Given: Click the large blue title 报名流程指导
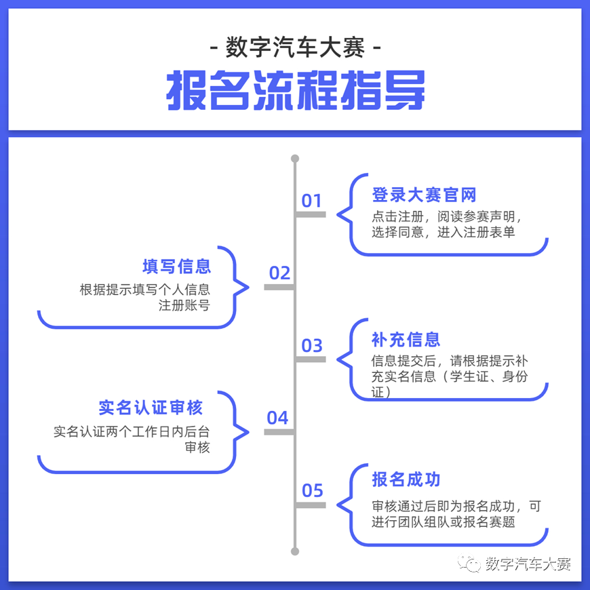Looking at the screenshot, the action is (x=296, y=90).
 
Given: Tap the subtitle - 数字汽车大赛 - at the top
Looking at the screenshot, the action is (x=296, y=47).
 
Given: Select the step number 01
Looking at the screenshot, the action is (x=311, y=201).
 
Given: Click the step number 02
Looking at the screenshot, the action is (x=279, y=273).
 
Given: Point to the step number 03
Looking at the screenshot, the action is (x=312, y=345).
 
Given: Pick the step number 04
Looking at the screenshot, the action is (x=277, y=418).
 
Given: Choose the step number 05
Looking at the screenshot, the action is (x=313, y=490).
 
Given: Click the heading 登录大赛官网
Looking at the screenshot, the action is (x=424, y=195).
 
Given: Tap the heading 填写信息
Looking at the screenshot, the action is (x=176, y=267).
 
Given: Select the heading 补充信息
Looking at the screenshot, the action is (x=406, y=339).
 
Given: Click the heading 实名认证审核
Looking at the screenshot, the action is (x=151, y=408).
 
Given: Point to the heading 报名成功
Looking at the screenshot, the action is (x=406, y=479).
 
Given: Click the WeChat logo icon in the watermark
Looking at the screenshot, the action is (x=469, y=564).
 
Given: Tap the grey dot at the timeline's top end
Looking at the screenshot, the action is (x=295, y=159).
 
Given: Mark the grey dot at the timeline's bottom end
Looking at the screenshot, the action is (x=295, y=551).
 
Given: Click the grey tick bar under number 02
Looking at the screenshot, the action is (x=279, y=287).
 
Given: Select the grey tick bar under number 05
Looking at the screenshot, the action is (x=311, y=505).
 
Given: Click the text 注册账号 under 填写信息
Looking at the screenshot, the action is (x=184, y=305).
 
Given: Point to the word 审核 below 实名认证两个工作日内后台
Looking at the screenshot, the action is (x=197, y=448).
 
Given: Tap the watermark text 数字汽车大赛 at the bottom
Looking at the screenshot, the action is (x=528, y=564).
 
